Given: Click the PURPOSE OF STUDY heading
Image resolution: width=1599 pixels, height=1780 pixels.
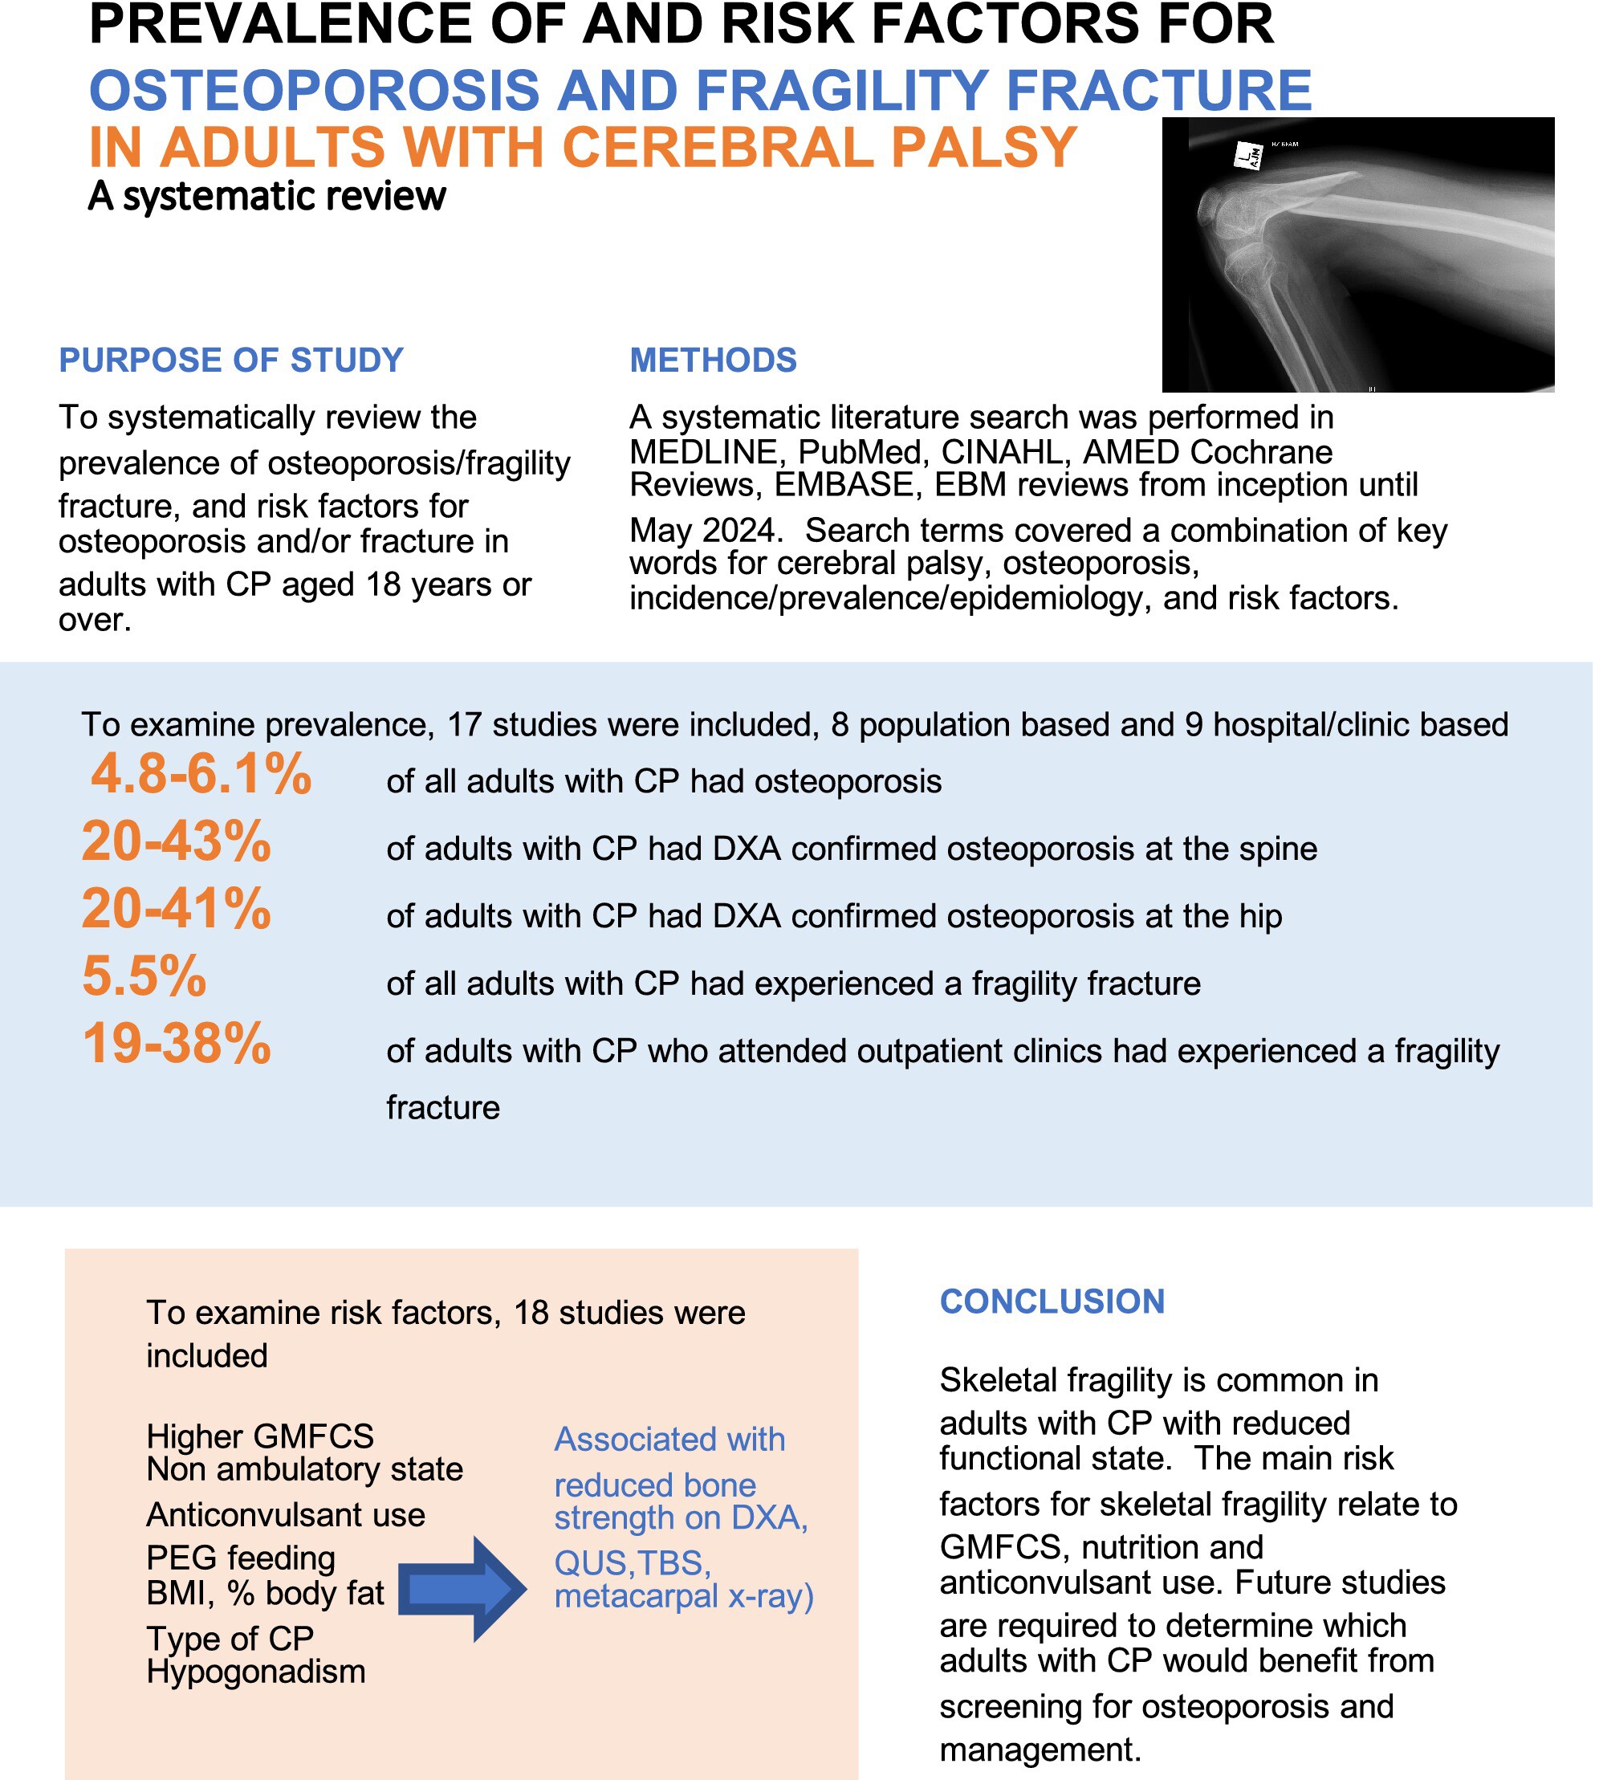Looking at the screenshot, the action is point(231,360).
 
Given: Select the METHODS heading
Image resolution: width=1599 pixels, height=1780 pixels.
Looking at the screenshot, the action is point(714,360).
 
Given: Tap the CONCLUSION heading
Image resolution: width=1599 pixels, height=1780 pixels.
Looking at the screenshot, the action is point(1052,1301).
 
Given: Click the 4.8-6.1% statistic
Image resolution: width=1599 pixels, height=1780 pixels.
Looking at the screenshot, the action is point(201,774).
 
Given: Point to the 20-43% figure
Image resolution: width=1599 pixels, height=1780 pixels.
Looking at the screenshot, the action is point(177,841).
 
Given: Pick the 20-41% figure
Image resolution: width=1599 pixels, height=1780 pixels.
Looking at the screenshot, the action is point(177,908).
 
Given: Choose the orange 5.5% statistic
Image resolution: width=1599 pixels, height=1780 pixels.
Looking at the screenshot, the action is point(144,976).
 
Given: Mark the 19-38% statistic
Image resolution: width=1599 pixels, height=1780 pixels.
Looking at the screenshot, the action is point(177,1044).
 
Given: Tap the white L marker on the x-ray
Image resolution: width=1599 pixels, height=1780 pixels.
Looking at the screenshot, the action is point(1248,157).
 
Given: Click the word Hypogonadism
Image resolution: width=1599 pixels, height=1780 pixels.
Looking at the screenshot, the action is point(256,1671).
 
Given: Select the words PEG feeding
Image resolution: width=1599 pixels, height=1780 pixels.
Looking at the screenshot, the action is point(241,1558).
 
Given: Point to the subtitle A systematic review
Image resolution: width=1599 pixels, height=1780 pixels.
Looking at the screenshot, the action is point(267,196).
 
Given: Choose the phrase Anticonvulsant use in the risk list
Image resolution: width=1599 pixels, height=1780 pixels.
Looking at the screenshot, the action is point(286,1515).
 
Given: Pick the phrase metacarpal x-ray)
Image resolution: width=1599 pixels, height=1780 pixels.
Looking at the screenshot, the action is point(685,1595).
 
